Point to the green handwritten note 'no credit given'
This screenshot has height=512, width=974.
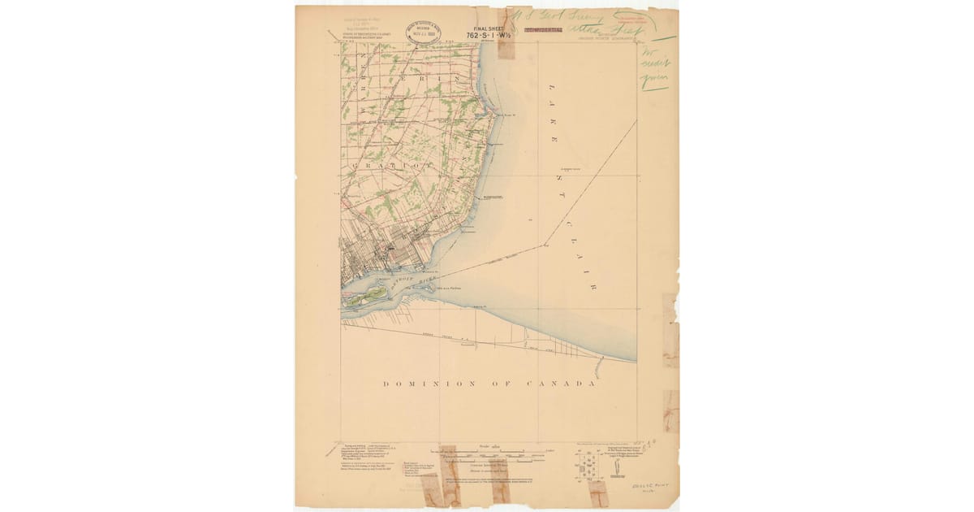click(654, 69)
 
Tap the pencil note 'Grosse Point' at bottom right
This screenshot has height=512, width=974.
click(649, 485)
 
